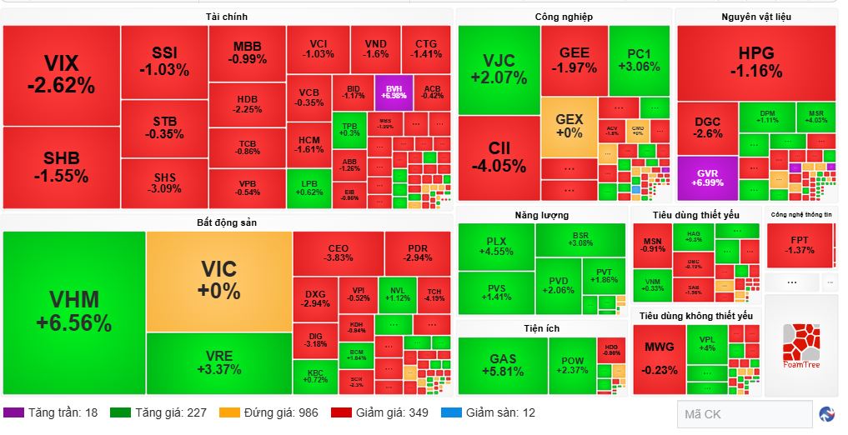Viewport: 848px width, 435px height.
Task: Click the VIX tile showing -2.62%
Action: pos(61,75)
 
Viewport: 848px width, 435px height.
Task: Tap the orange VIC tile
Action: pos(219,280)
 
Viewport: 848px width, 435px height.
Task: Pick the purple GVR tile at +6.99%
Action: pos(707,177)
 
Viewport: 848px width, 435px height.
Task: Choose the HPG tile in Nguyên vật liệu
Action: pos(755,62)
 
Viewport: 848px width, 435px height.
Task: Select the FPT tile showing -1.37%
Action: pos(800,245)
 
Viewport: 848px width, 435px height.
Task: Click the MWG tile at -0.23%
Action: pos(660,359)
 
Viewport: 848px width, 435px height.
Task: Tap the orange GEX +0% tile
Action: pos(569,126)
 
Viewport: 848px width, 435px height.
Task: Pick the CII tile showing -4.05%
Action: pos(499,157)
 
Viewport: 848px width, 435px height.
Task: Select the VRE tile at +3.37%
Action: pos(219,363)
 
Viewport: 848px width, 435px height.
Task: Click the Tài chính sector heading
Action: pos(226,17)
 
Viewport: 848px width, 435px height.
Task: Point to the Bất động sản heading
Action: pos(226,222)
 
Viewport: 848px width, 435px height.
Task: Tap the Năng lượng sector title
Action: pos(541,215)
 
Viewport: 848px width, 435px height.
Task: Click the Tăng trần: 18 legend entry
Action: pos(51,412)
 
